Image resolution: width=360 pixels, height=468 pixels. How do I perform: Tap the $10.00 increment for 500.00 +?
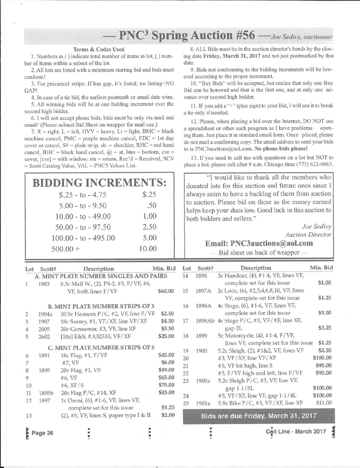click(148, 249)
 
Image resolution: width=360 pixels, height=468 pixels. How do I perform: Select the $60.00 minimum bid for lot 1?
click(166, 291)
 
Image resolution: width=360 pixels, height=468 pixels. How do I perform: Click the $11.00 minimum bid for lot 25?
click(324, 403)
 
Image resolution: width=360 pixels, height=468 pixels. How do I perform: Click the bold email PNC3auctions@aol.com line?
click(259, 243)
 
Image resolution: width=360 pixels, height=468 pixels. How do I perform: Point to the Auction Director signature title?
click(308, 234)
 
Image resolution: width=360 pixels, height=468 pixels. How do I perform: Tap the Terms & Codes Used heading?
click(98, 49)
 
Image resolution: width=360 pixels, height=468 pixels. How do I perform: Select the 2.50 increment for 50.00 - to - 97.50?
click(148, 227)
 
